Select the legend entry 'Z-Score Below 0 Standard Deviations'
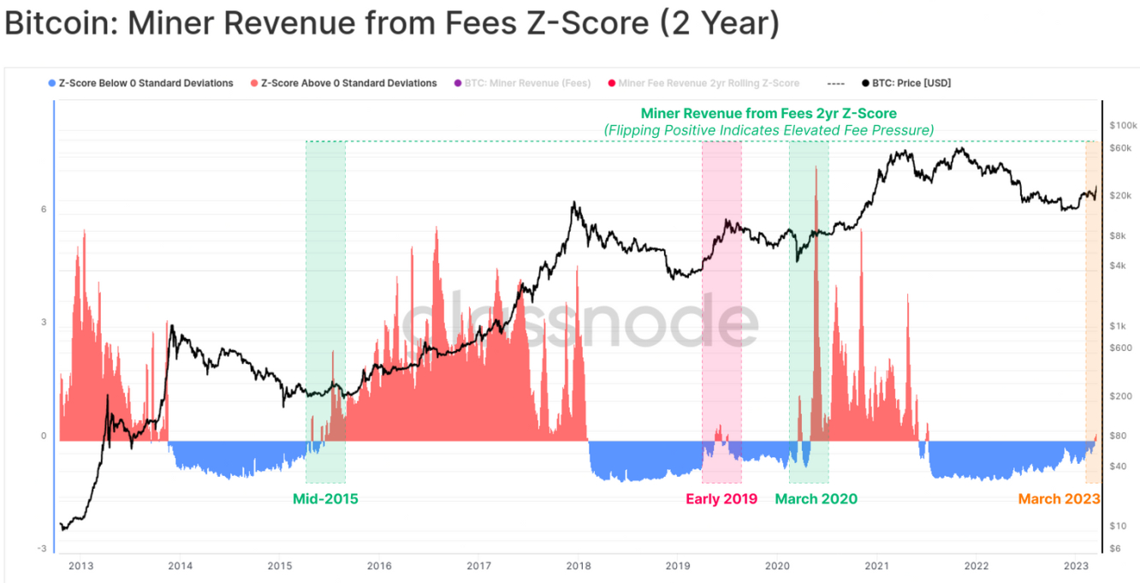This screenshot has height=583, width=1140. pyautogui.click(x=145, y=83)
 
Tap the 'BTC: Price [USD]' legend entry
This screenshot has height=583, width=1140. pyautogui.click(x=911, y=83)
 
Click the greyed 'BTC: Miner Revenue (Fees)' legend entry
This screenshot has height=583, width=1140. pyautogui.click(x=526, y=83)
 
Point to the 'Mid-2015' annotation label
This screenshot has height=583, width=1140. pyautogui.click(x=325, y=499)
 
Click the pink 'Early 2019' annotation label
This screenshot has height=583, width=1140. pyautogui.click(x=721, y=499)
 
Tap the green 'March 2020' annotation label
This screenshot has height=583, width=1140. pyautogui.click(x=816, y=499)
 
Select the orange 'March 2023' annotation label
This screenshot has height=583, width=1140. pyautogui.click(x=1059, y=499)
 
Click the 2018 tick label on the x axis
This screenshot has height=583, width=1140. pyautogui.click(x=579, y=566)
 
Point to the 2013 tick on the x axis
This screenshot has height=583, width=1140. pyautogui.click(x=80, y=566)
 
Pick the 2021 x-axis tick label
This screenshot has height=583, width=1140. pyautogui.click(x=876, y=566)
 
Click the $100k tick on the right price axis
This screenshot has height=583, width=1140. pyautogui.click(x=1122, y=125)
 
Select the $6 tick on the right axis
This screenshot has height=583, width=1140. pyautogui.click(x=1115, y=549)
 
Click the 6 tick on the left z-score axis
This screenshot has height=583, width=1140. pyautogui.click(x=43, y=210)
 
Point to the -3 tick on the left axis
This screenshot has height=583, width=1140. pyautogui.click(x=42, y=549)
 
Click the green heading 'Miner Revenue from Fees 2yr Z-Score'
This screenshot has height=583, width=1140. pyautogui.click(x=769, y=113)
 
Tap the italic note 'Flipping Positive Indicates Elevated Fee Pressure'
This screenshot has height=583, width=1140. pyautogui.click(x=769, y=130)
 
